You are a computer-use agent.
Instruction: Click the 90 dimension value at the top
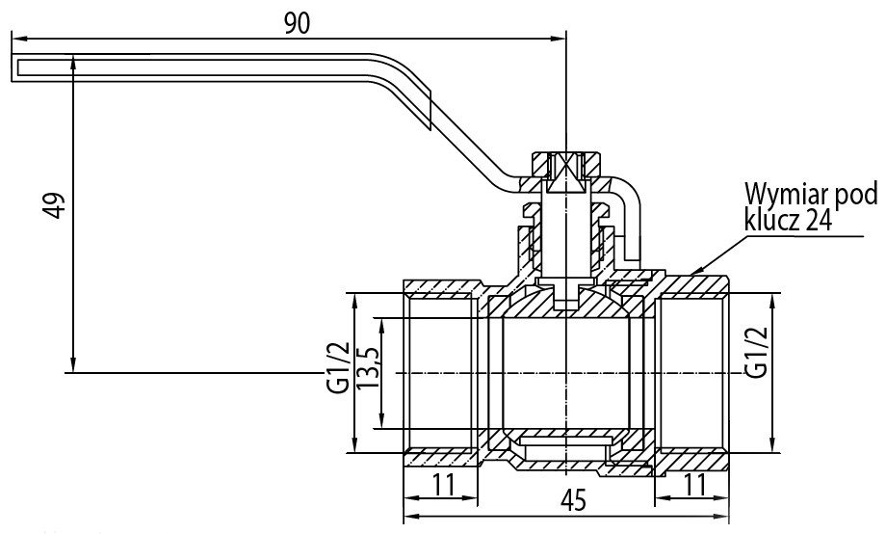coord(298,23)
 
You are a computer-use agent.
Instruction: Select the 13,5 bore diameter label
coord(368,367)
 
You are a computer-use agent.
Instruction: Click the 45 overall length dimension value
coord(574,500)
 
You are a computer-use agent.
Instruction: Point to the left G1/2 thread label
coord(338,367)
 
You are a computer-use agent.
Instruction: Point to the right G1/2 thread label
coord(757,352)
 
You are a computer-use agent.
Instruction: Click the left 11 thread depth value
coord(444,484)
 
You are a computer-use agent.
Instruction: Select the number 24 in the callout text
coord(819,220)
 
